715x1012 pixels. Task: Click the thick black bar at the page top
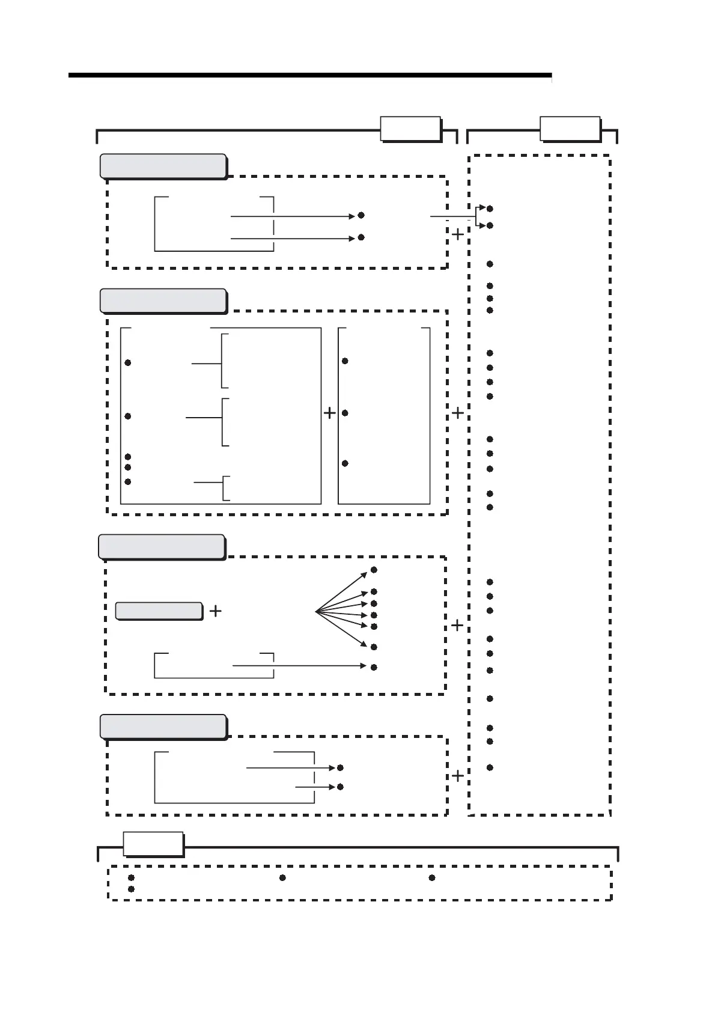[309, 76]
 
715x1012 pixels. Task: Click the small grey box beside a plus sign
[159, 611]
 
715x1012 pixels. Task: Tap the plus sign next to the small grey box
[215, 611]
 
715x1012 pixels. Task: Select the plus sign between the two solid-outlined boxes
[329, 413]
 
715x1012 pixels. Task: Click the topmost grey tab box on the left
[163, 166]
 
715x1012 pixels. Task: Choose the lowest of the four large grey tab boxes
[163, 726]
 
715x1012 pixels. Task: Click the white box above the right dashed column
[570, 128]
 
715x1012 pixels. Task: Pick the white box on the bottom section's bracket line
[153, 843]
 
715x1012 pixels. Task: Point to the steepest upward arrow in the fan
[341, 592]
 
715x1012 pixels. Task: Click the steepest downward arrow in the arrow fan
[341, 629]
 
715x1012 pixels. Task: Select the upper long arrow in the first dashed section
[293, 216]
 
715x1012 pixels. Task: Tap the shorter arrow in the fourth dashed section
[315, 787]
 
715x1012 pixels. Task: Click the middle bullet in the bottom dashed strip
[282, 878]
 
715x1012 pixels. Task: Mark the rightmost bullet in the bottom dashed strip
[432, 878]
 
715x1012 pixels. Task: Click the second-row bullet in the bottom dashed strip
[131, 889]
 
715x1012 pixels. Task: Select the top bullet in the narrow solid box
[345, 361]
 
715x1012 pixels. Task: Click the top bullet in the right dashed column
[490, 209]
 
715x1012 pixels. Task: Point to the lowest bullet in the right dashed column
[490, 767]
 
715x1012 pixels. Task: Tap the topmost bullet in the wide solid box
[128, 363]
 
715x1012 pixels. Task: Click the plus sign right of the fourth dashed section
[458, 776]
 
